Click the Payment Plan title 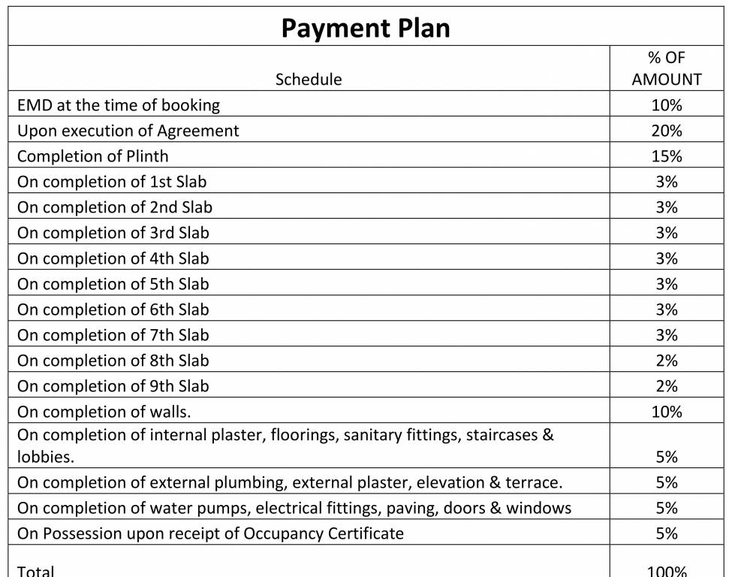(366, 29)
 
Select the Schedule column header (309, 80)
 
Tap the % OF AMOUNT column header (667, 68)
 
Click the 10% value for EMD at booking (667, 105)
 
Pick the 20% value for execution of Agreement (667, 131)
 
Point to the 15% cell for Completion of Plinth (667, 156)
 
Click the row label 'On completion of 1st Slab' (112, 182)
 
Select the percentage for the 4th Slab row (667, 258)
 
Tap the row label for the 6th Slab (113, 310)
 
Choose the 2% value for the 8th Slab (667, 361)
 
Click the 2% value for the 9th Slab (667, 386)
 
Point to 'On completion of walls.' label (104, 412)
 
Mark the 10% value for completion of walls (667, 412)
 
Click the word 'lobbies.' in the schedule (46, 457)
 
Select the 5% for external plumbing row (667, 482)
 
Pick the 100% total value (667, 571)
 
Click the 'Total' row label (36, 571)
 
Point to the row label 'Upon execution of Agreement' (128, 131)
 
